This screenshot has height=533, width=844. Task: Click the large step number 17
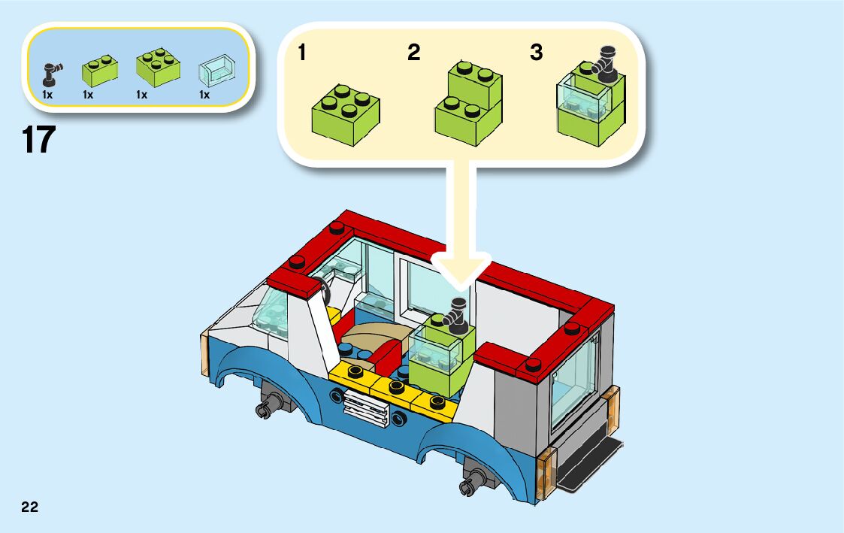coord(39,141)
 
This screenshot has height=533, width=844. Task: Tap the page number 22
coord(29,507)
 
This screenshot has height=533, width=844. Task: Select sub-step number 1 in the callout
coord(301,53)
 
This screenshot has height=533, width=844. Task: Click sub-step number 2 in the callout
coord(413,53)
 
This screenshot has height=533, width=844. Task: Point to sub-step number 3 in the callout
coord(536,53)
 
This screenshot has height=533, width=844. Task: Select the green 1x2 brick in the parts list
coord(100,69)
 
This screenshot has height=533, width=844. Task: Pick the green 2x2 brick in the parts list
coord(157,68)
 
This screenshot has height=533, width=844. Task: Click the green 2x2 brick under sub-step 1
coord(345,114)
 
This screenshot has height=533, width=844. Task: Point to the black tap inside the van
coord(455,313)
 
